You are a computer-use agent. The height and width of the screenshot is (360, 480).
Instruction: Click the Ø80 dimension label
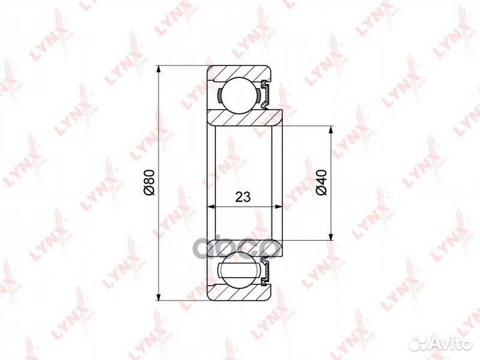click(x=150, y=182)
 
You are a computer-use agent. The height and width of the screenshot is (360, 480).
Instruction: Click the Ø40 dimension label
click(x=322, y=182)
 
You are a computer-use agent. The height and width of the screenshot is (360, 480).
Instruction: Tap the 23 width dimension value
click(x=243, y=197)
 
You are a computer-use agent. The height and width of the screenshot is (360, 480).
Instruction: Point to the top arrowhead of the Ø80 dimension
click(x=158, y=69)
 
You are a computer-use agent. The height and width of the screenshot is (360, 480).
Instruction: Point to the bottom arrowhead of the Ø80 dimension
click(x=158, y=297)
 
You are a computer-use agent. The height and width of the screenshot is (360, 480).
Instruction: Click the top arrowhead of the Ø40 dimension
click(x=331, y=129)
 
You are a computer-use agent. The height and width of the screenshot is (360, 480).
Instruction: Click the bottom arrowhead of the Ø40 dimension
click(x=331, y=236)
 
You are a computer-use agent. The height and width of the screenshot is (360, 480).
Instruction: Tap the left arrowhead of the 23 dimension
click(x=211, y=207)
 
